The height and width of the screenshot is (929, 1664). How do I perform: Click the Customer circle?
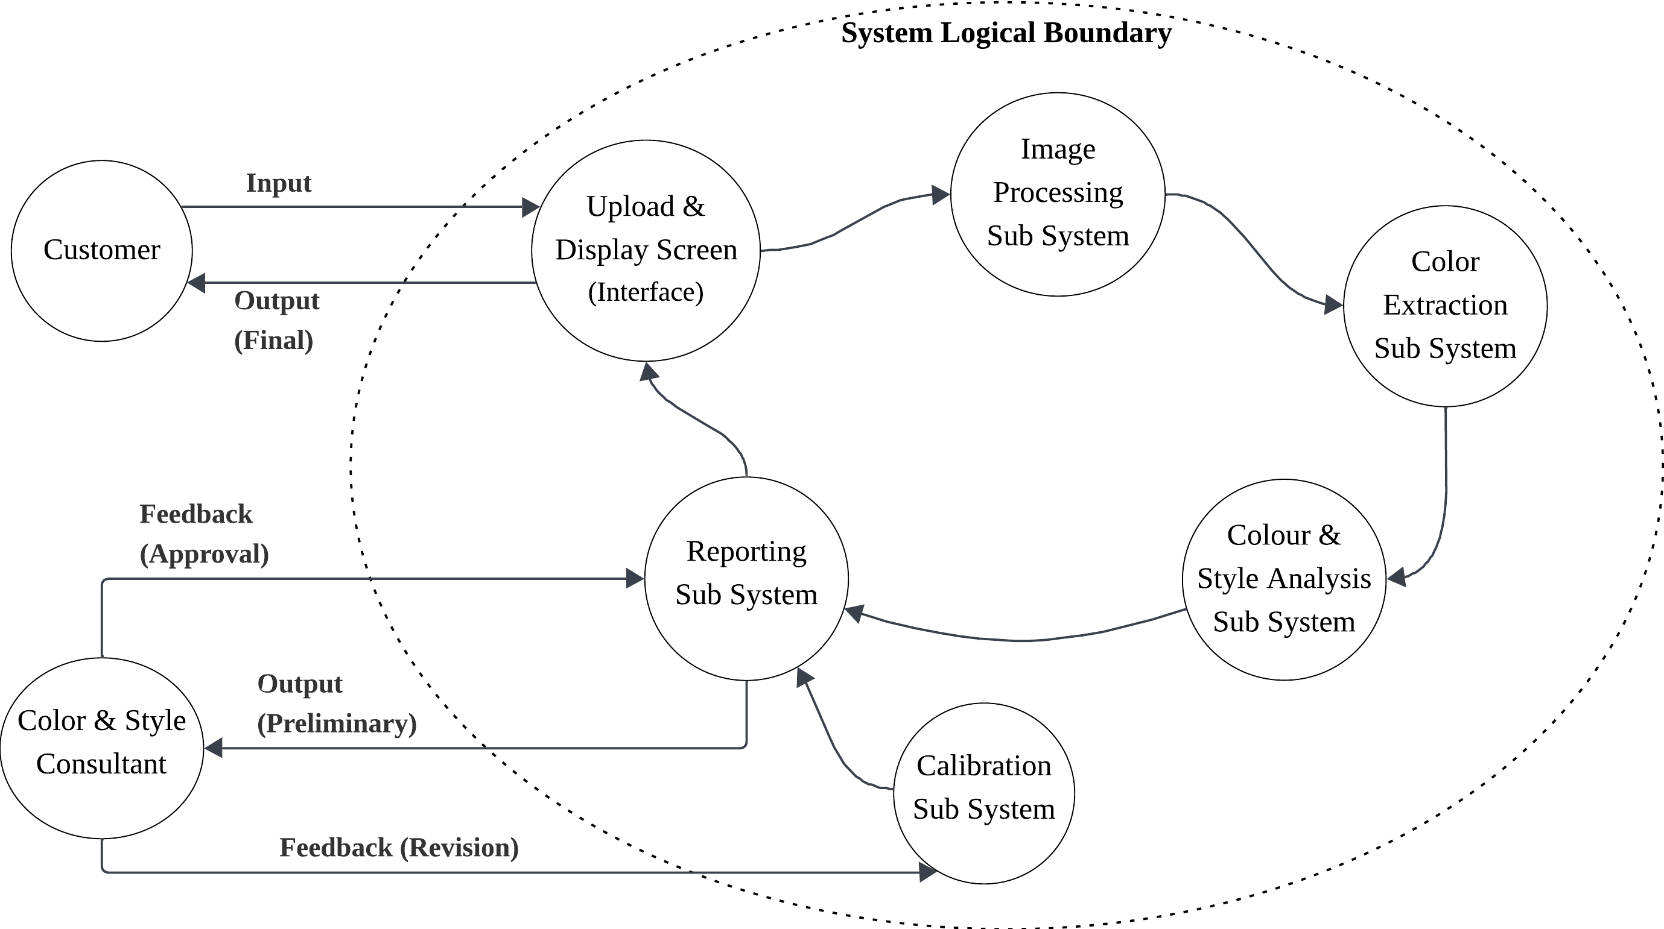(101, 251)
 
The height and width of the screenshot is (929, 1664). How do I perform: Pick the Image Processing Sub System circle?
(1058, 194)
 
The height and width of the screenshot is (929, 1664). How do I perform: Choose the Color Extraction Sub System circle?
(1444, 306)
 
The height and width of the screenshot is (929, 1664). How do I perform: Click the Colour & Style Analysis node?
(1283, 579)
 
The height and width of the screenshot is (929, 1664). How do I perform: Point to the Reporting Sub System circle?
(746, 579)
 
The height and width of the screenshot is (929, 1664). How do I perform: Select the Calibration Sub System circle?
(983, 793)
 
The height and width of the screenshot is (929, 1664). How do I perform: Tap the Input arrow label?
(278, 183)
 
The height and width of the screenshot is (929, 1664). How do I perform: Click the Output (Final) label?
(276, 321)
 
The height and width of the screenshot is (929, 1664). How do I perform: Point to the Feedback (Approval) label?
(203, 535)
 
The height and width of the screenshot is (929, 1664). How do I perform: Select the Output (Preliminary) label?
(336, 704)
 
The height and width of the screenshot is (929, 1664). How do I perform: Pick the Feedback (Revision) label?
(399, 848)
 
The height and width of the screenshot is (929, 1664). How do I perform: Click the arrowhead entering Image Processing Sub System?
(941, 194)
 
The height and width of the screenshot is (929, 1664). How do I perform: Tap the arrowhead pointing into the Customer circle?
(195, 283)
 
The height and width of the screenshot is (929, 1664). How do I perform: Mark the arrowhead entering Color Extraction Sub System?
(1333, 304)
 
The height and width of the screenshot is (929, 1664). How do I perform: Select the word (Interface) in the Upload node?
(646, 292)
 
